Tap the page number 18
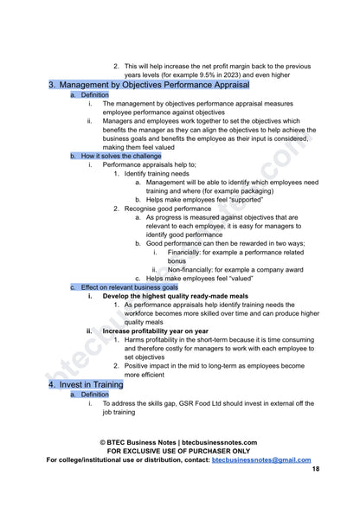315,468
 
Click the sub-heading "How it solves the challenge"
119,156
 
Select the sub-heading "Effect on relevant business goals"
129,286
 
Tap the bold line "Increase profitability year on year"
155,331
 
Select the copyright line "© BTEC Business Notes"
180,441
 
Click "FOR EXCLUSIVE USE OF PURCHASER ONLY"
179,450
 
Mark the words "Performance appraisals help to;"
149,164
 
